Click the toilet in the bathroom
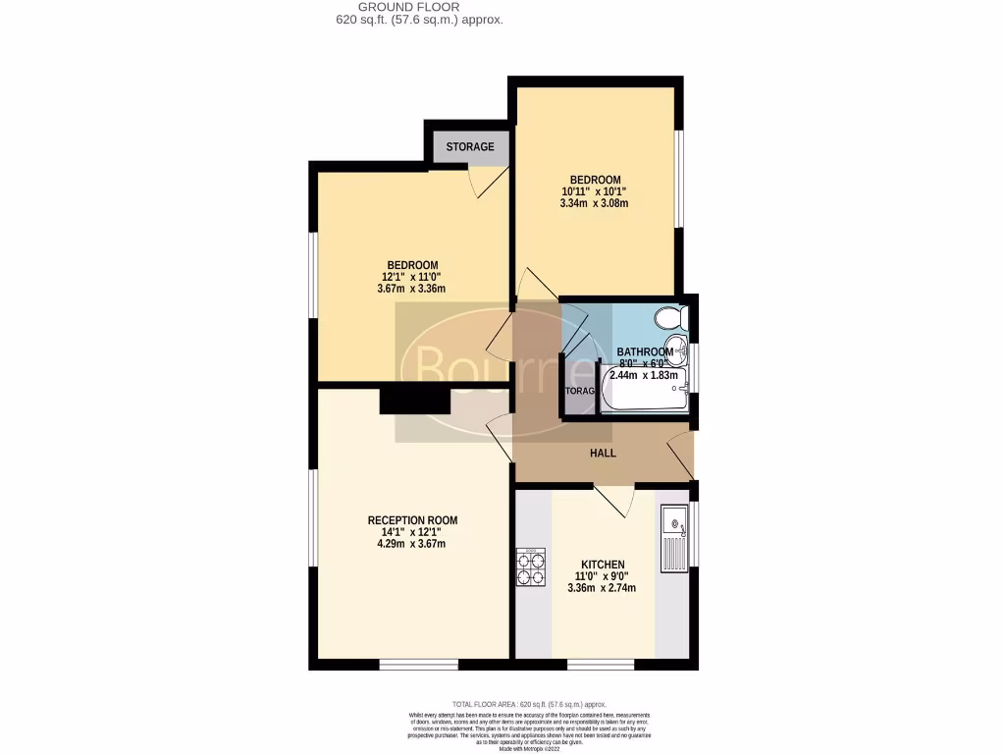point(671,319)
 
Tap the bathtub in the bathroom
point(644,392)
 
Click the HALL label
point(603,453)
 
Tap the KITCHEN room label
point(603,565)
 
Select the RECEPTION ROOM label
point(412,520)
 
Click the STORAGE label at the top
point(470,147)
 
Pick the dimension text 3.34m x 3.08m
point(594,204)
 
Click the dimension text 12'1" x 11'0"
point(412,277)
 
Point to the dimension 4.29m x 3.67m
point(412,544)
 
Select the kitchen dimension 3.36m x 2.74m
point(602,588)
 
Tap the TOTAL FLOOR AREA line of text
point(529,704)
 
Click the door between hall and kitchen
point(614,500)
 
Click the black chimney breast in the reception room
point(414,401)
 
